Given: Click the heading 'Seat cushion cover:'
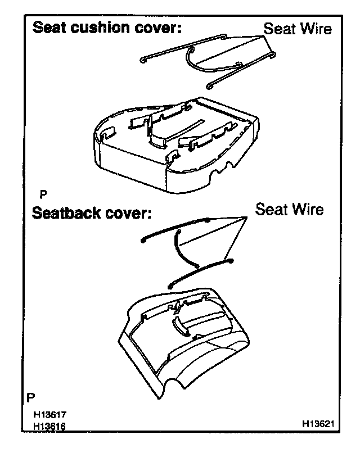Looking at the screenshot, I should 106,29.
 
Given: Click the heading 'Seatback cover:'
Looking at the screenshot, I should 92,214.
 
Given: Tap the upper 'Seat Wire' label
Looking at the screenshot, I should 298,29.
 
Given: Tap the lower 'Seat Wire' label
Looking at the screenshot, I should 289,210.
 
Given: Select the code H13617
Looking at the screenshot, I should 51,416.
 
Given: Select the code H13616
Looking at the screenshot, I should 51,427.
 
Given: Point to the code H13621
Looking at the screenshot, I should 321,423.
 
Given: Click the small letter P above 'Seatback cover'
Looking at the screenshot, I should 43,194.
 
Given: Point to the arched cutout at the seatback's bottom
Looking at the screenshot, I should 174,384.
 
